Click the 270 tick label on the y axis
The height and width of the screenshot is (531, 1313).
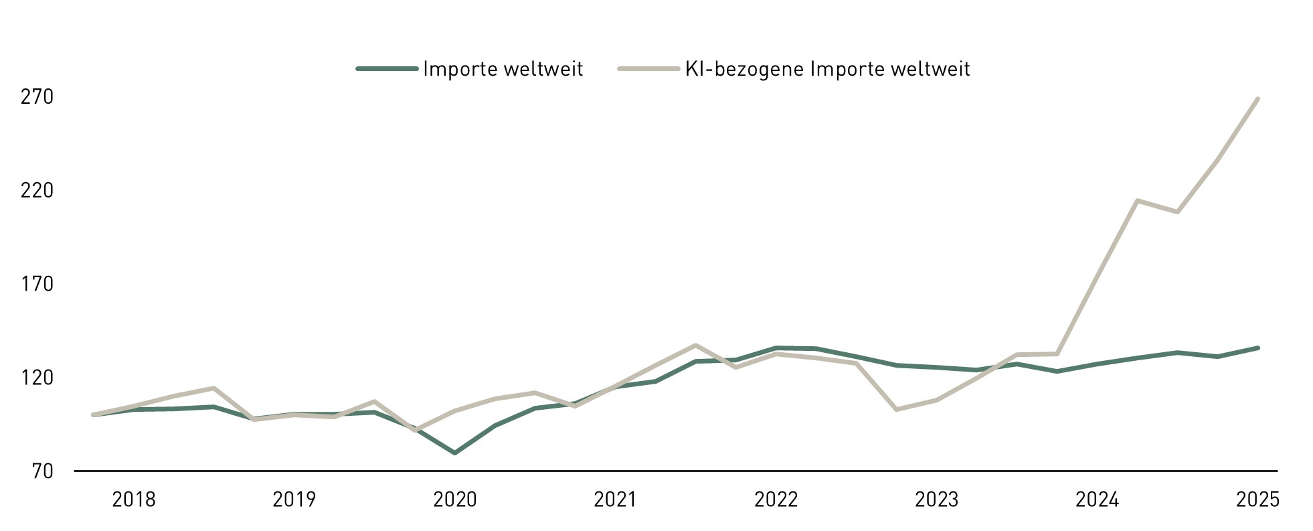click(x=37, y=98)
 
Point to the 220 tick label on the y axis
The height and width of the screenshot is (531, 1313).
click(x=37, y=191)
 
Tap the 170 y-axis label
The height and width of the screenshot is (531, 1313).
click(x=37, y=285)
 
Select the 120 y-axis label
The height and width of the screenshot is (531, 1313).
click(x=37, y=378)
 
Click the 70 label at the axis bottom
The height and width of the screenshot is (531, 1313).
click(x=41, y=471)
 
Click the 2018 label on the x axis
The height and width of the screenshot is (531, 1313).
click(x=134, y=500)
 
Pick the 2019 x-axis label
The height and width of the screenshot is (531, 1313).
click(x=294, y=500)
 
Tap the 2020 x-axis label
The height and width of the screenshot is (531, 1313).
click(x=455, y=500)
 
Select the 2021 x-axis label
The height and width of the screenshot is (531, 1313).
click(x=616, y=500)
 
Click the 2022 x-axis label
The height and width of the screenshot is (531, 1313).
click(x=776, y=500)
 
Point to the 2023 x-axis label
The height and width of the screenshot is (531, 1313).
click(x=937, y=500)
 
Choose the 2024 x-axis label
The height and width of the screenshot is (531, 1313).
click(x=1098, y=500)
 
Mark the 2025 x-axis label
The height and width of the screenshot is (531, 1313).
click(x=1258, y=500)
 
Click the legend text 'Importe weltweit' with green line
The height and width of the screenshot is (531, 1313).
click(x=503, y=69)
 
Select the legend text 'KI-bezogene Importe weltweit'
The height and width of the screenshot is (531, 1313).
click(x=827, y=69)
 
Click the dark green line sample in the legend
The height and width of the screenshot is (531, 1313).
click(x=387, y=68)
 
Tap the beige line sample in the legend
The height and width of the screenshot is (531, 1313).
click(x=648, y=68)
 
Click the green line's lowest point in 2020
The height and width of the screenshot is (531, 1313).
click(x=455, y=453)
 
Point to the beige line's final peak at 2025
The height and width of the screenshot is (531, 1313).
click(x=1258, y=99)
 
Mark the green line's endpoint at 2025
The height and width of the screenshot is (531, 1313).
click(x=1258, y=348)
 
